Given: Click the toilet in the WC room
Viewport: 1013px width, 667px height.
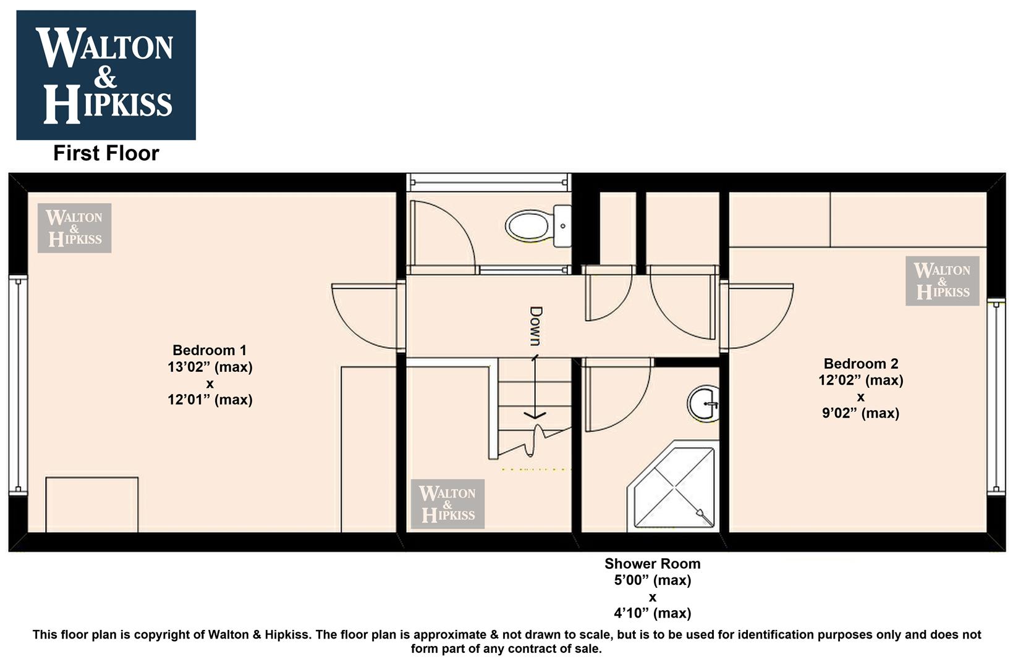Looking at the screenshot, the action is point(538,226).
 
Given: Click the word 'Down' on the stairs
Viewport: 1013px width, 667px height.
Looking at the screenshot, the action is point(536,326).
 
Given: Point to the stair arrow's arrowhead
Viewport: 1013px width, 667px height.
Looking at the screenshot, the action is point(535,415).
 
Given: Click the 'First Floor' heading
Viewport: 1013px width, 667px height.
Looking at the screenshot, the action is point(106,153).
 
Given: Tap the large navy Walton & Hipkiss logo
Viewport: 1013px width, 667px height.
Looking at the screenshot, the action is point(106,75).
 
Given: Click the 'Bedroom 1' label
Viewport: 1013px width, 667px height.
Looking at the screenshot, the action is point(210,350).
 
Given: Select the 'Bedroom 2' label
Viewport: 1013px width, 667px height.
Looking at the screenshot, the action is point(860,363).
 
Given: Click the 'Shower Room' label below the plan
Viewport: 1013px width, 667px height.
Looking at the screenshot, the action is point(653,563).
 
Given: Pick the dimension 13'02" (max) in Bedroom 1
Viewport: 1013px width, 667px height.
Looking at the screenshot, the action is point(210,367).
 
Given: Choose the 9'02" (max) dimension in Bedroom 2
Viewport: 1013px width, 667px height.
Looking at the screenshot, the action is point(860,413).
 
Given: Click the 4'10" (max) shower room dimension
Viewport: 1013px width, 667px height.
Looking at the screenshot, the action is point(653,613).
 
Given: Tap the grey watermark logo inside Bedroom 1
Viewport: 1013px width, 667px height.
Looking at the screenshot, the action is point(75,228).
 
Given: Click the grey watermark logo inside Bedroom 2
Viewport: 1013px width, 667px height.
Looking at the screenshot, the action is point(943,281).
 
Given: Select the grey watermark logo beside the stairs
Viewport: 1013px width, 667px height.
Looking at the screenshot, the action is point(447,504).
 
